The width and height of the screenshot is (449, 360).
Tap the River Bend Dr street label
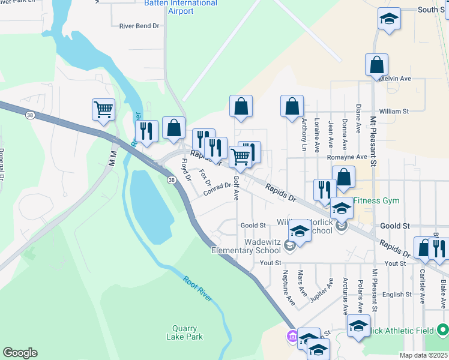[139, 26]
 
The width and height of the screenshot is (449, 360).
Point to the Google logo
[20, 353]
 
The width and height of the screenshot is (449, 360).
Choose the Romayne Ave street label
[346, 157]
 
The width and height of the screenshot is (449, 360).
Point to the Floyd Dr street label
[185, 170]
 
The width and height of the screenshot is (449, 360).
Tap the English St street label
[397, 295]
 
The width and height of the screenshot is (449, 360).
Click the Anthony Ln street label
[304, 134]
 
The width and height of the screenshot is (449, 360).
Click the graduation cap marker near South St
[389, 19]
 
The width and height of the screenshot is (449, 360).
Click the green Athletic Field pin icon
[443, 330]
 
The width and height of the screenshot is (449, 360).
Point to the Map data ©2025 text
[423, 355]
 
